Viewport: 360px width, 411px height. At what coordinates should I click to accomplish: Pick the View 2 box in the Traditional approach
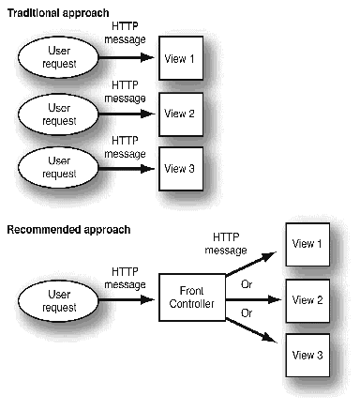180,114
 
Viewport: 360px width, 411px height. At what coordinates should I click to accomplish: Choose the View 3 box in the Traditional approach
180,169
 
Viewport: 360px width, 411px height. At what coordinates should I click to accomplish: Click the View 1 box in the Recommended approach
308,245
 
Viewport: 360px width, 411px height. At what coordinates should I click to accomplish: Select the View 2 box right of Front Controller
308,300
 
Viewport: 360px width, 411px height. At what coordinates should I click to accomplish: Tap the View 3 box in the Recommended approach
308,355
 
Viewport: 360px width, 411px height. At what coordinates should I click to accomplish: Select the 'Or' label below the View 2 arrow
247,312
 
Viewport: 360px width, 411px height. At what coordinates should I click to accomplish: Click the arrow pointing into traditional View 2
121,114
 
